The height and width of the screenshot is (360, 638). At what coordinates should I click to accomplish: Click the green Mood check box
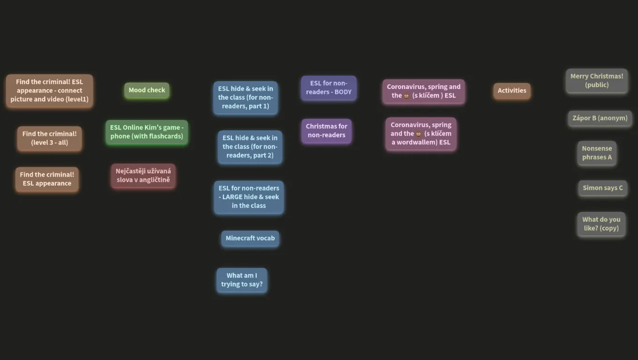147,90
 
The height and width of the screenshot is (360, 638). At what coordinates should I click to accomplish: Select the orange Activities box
512,90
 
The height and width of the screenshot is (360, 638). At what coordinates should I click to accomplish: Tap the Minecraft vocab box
250,238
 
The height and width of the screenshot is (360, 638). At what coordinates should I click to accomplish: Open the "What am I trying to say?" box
242,280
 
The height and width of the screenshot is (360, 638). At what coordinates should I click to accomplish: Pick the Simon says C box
603,188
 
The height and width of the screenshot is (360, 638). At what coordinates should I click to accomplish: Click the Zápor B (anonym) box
600,118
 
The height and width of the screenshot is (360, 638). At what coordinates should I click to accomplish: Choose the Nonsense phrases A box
597,153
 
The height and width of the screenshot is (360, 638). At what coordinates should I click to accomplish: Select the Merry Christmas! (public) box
597,81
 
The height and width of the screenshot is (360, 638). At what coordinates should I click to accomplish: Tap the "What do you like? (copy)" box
601,224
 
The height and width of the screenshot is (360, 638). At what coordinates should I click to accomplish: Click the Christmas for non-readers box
327,131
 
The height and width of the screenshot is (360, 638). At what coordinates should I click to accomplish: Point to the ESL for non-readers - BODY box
329,88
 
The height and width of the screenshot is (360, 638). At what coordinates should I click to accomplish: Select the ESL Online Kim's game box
147,132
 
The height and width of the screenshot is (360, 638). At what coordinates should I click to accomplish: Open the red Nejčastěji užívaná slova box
143,176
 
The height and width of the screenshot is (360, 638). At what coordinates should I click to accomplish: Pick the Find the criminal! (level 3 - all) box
50,138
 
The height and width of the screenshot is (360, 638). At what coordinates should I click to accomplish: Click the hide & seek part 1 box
245,97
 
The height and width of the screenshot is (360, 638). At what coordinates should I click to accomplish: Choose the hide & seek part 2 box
250,147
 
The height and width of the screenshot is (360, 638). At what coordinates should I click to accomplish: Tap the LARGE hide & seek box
249,197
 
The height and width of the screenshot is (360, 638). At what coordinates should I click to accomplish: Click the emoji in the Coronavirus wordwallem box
418,134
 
